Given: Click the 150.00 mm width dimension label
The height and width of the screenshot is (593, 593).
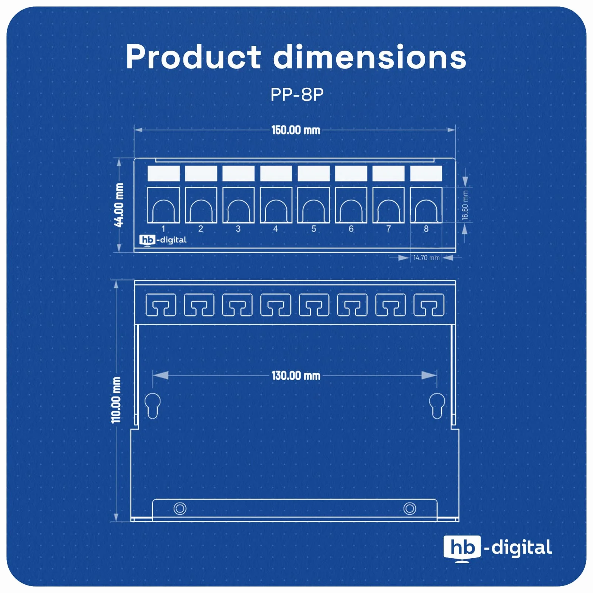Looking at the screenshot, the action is pyautogui.click(x=296, y=130).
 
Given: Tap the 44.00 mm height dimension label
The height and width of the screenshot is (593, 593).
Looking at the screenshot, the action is pyautogui.click(x=119, y=205).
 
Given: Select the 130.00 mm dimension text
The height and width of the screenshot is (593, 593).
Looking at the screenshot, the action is pyautogui.click(x=296, y=376).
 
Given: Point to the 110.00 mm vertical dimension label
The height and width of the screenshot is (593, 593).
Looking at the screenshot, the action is pyautogui.click(x=116, y=400).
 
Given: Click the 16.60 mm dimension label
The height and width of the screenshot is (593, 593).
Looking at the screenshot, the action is pyautogui.click(x=465, y=205).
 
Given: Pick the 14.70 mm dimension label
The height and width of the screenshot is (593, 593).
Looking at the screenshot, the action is pyautogui.click(x=426, y=258).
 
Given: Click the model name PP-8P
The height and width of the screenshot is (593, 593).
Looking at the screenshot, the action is pyautogui.click(x=297, y=95).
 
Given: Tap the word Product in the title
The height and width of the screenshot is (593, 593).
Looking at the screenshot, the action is pyautogui.click(x=193, y=57).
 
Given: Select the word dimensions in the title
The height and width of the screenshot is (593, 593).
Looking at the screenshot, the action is pyautogui.click(x=369, y=57).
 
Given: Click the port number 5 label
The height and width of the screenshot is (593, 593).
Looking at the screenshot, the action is pyautogui.click(x=314, y=229).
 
